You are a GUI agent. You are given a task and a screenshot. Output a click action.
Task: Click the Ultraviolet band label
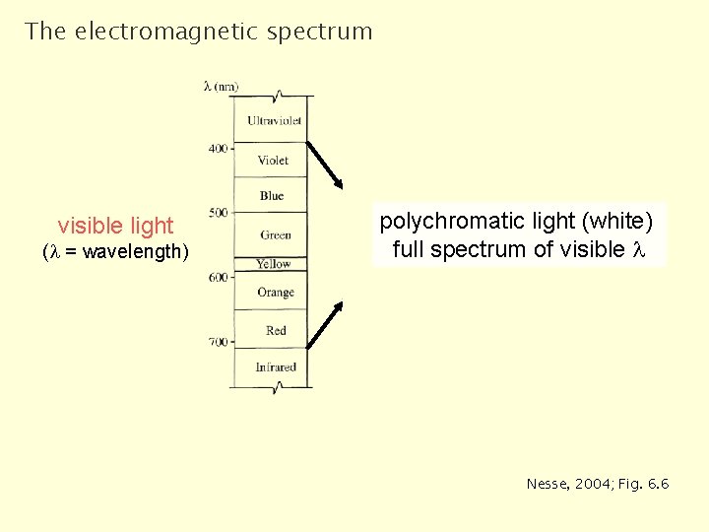275,121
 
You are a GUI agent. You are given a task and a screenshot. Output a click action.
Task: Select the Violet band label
273,161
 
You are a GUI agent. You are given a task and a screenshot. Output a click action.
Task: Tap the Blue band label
272,196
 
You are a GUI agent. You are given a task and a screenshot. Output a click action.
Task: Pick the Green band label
276,234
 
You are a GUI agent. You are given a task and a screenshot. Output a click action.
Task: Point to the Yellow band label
273,264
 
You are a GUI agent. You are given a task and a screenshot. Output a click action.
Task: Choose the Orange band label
276,293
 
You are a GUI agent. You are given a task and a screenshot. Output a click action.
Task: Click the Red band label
276,331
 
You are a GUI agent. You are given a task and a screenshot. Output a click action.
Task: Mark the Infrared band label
276,367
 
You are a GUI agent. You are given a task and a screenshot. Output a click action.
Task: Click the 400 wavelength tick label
218,149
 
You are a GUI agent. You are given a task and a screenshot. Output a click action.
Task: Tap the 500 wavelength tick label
218,213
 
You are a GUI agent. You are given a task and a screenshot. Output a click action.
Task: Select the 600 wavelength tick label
218,277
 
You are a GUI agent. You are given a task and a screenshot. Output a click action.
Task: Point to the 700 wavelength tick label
218,342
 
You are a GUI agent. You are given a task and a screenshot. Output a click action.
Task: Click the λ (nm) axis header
221,87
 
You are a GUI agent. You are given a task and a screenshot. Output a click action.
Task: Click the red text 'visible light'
115,226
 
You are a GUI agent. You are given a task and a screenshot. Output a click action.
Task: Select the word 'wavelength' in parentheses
133,252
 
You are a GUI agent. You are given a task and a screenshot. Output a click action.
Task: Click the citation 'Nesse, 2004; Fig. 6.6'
598,484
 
